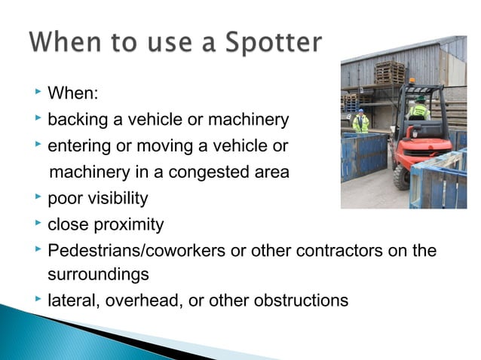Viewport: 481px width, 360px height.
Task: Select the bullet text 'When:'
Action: click(x=74, y=94)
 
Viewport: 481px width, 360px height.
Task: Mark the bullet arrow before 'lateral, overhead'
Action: click(x=38, y=300)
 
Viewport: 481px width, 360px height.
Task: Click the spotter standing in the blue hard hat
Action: click(x=361, y=123)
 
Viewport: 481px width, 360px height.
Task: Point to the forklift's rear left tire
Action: click(x=402, y=176)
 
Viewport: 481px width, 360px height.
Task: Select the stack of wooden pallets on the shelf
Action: click(x=389, y=74)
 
